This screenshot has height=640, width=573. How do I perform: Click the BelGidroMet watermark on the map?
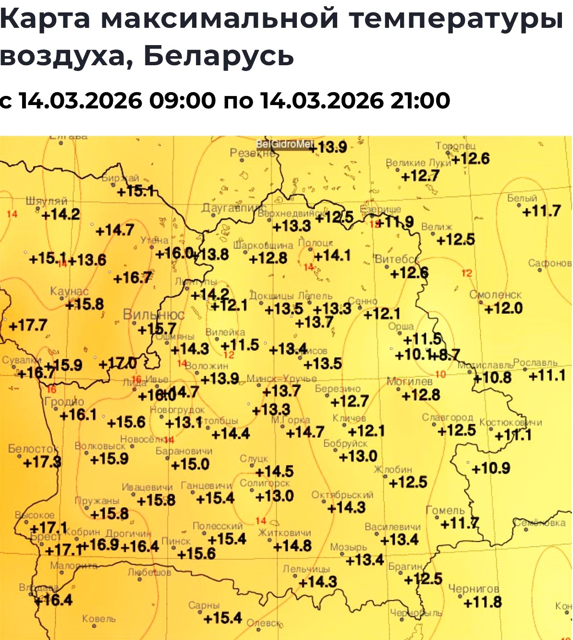coord(285,144)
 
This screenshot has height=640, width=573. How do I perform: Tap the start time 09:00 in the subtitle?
coord(183,101)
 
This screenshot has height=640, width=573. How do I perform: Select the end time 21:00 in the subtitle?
coord(420,101)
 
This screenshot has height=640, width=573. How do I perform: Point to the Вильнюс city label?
coord(154,315)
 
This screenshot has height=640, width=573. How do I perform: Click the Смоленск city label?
coord(495,295)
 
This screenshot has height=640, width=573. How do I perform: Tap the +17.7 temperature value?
coord(28,326)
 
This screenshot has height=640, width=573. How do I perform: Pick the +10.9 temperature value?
coord(490,468)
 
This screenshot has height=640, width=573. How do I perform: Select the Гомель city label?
coord(445,510)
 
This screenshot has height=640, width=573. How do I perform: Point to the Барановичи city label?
coord(183,451)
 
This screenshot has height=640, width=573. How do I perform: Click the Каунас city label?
coord(69,292)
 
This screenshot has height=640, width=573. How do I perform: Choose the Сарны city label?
coord(204,605)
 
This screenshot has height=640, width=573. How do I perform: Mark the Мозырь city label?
coord(348,547)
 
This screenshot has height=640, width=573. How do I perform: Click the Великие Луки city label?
coord(418,163)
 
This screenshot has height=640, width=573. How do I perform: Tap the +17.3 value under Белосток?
coord(42,462)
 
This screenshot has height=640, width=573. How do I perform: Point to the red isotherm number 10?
coord(440,374)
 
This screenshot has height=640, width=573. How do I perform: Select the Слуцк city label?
coord(254,459)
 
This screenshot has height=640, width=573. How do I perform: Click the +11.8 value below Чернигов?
coord(483,602)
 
